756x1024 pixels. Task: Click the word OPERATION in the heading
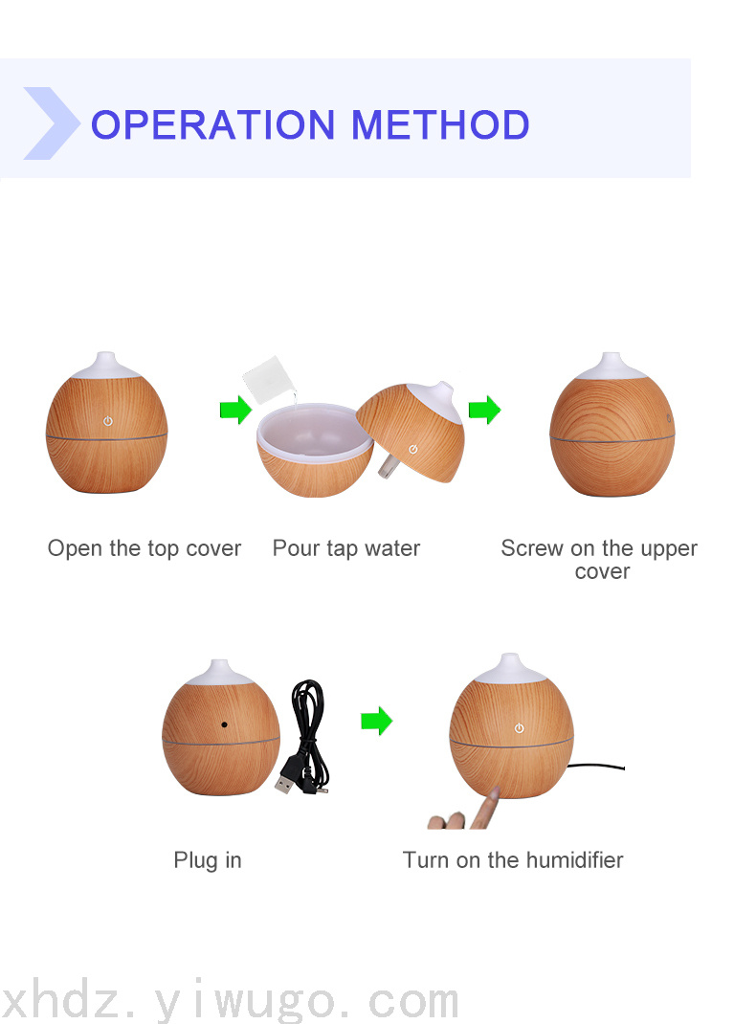(x=212, y=124)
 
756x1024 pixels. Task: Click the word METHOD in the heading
(x=440, y=124)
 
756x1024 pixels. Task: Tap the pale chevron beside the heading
(x=52, y=123)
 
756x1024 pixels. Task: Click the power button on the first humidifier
(x=108, y=421)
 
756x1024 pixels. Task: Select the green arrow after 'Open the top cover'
(x=235, y=411)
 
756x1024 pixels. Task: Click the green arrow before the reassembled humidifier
(x=484, y=411)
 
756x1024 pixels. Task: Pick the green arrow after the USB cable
(x=377, y=721)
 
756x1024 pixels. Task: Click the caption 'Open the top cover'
(x=145, y=548)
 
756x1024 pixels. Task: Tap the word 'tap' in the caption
(x=343, y=548)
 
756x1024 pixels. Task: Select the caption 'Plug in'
(x=208, y=860)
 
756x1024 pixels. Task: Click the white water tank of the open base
(x=316, y=431)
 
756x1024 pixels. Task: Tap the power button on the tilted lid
(x=412, y=449)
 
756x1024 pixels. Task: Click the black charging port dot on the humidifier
(x=225, y=724)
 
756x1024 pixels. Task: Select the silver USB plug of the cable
(x=284, y=783)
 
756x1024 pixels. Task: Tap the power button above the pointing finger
(x=519, y=728)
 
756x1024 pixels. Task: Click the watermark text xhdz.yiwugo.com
(x=229, y=1000)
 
